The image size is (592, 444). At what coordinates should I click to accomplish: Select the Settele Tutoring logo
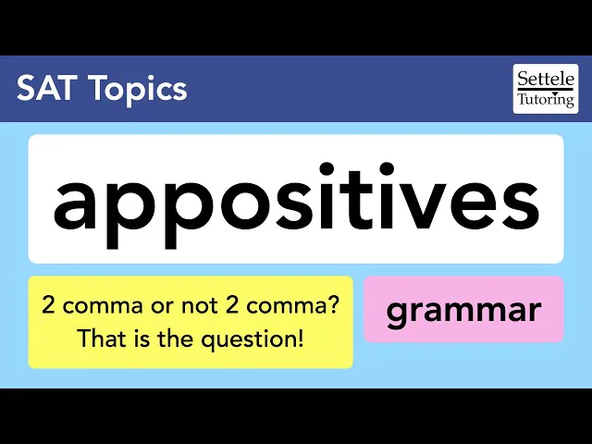point(545,89)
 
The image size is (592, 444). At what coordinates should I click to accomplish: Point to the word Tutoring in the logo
point(546,98)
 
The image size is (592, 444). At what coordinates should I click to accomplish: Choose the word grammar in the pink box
point(462,310)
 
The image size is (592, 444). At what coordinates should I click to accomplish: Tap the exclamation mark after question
point(300,339)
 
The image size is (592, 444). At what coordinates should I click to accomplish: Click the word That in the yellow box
point(98,339)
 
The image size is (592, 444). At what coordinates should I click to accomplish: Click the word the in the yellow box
point(178,339)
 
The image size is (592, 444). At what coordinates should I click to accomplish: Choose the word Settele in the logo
point(546,78)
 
